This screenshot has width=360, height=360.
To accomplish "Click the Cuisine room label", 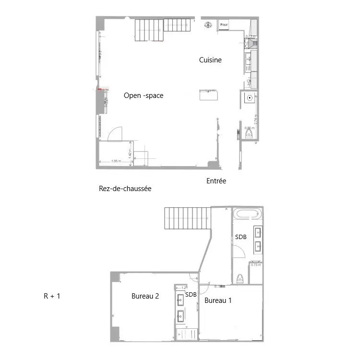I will [210, 60].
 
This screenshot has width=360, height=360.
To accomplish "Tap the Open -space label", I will [144, 96].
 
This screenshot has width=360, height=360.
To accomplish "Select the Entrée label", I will [216, 181].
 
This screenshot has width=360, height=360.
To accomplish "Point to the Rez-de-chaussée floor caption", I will [125, 189].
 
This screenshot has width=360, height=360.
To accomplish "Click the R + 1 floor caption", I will [52, 296].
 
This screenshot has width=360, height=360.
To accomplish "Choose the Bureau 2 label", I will [145, 296].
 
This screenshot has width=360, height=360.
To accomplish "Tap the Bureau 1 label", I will [218, 301].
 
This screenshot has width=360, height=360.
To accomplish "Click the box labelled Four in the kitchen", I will [224, 24].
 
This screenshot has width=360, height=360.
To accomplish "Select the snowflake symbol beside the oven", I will [208, 24].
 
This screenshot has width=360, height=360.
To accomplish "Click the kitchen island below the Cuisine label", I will [208, 95].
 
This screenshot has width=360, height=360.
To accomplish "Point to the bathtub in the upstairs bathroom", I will [247, 214].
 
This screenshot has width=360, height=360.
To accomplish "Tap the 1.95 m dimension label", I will [116, 161].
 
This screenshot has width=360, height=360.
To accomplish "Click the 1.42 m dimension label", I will [130, 153].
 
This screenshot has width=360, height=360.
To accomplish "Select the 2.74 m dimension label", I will [256, 119].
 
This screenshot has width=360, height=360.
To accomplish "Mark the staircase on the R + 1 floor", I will [188, 218].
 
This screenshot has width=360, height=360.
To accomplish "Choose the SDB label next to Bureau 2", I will [191, 295].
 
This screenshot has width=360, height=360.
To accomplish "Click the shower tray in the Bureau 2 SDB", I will [187, 334].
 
